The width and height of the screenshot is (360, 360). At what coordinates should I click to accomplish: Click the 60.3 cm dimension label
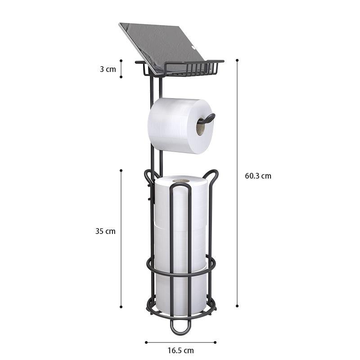[x=258, y=176]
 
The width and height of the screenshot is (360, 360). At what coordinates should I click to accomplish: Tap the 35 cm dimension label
[x=105, y=231]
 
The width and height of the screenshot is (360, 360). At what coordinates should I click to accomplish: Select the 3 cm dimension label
[x=108, y=69]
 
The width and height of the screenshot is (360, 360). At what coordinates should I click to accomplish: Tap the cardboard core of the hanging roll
[x=200, y=128]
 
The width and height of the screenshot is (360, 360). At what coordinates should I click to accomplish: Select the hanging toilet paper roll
[x=175, y=126]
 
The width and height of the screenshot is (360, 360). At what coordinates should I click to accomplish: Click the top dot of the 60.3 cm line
[x=237, y=59]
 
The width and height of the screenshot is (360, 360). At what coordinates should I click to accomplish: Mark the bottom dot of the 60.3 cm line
[x=237, y=306]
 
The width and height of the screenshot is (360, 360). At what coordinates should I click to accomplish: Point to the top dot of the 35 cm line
[x=121, y=170]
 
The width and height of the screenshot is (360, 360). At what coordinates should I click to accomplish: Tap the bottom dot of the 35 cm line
[x=121, y=307]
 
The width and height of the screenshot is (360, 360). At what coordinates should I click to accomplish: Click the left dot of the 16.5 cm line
[x=146, y=342]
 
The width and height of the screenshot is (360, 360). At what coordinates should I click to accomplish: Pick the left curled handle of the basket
[x=149, y=175]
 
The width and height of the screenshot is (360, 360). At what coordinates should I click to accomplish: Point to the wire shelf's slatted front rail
[x=193, y=69]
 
